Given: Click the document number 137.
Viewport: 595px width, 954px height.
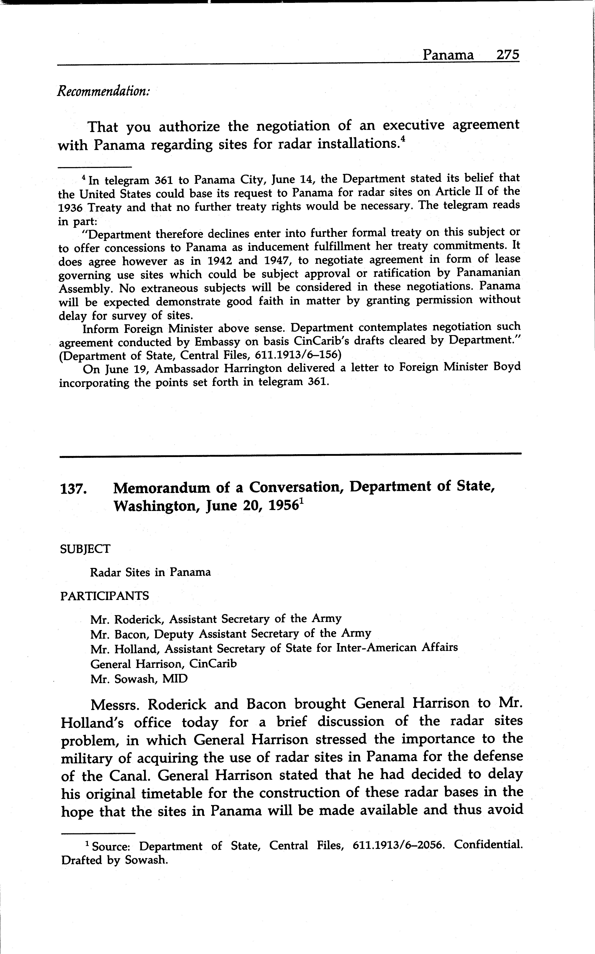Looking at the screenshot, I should [73, 489].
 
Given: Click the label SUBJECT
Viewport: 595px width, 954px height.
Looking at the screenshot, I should [85, 549].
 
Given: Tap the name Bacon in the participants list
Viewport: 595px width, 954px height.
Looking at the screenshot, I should [131, 634].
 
